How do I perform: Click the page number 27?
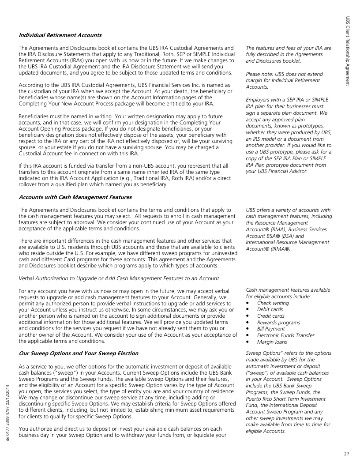tap(347, 453)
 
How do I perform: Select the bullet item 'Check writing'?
tap(273, 303)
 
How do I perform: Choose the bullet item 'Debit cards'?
tap(270, 310)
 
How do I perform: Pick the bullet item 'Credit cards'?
tap(270, 316)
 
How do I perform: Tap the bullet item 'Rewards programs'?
tap(278, 323)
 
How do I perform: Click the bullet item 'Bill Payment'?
tap(272, 329)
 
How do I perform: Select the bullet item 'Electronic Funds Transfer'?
tap(285, 335)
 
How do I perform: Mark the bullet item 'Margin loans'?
tap(273, 342)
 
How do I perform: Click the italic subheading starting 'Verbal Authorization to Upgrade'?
tap(119, 278)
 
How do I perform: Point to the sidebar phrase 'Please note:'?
tap(259, 74)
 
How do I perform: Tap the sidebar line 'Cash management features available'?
tap(288, 290)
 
